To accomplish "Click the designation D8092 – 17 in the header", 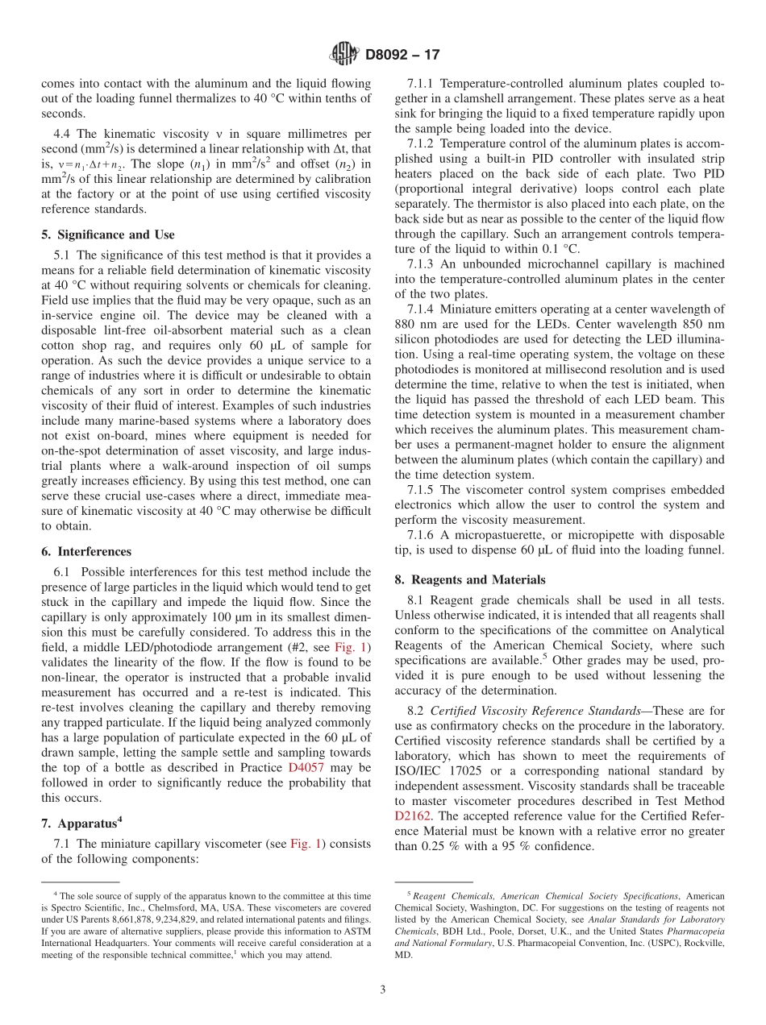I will [403, 56].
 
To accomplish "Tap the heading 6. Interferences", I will [86, 551].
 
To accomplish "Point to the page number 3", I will [383, 990].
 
